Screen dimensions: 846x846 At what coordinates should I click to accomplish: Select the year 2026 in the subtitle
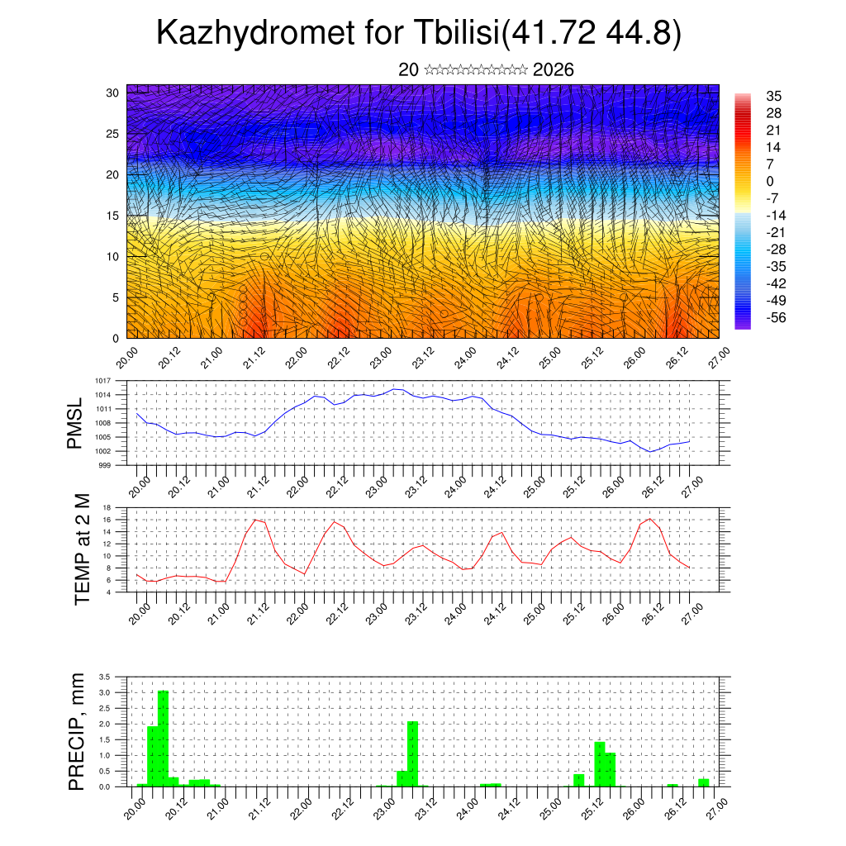(554, 69)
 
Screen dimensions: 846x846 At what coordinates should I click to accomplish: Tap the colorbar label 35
(774, 97)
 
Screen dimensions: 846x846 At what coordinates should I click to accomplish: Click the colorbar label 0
(770, 182)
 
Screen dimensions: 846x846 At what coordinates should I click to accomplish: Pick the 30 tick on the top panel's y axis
(112, 93)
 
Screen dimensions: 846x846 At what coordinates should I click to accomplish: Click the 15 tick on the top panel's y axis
(112, 216)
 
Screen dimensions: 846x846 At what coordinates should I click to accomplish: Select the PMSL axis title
(75, 423)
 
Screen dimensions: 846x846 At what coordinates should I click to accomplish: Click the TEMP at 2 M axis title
(82, 549)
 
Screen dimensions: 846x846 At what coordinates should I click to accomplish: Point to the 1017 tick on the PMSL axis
(102, 381)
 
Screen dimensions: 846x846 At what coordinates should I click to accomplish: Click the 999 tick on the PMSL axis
(104, 465)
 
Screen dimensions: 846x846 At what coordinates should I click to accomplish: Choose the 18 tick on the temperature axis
(107, 507)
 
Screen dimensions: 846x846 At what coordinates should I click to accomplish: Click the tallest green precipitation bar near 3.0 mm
(163, 739)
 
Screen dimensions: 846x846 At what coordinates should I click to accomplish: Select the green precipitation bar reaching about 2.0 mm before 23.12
(412, 753)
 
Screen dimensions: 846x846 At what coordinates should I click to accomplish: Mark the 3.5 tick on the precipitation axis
(104, 677)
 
